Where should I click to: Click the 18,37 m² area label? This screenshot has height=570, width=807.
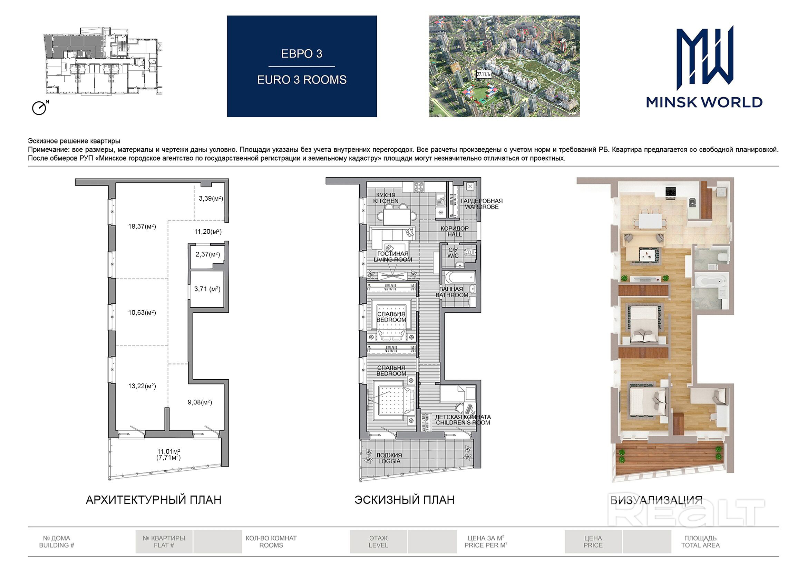(142, 227)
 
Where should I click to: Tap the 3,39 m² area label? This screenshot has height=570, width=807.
(211, 198)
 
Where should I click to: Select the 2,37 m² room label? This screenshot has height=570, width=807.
(208, 254)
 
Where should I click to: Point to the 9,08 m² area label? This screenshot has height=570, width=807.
(200, 402)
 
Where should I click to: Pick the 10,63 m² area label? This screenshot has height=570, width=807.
(142, 312)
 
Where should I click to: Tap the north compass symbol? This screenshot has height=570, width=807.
(40, 108)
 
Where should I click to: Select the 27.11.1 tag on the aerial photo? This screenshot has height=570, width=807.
(484, 74)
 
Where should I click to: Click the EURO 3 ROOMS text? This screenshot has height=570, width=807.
(302, 80)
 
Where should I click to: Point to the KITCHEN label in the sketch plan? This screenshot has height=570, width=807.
(386, 201)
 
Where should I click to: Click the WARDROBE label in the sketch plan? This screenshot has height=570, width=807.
(482, 207)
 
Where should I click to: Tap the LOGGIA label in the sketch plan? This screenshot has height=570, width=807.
(389, 461)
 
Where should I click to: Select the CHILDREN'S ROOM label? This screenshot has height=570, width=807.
(463, 422)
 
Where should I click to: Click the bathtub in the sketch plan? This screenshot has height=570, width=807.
(460, 278)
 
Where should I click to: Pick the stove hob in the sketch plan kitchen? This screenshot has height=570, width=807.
(419, 187)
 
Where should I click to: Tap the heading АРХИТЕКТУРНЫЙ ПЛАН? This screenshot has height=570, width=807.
(154, 500)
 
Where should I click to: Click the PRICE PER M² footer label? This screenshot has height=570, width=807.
(486, 545)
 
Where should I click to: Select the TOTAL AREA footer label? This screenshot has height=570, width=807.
(700, 545)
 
